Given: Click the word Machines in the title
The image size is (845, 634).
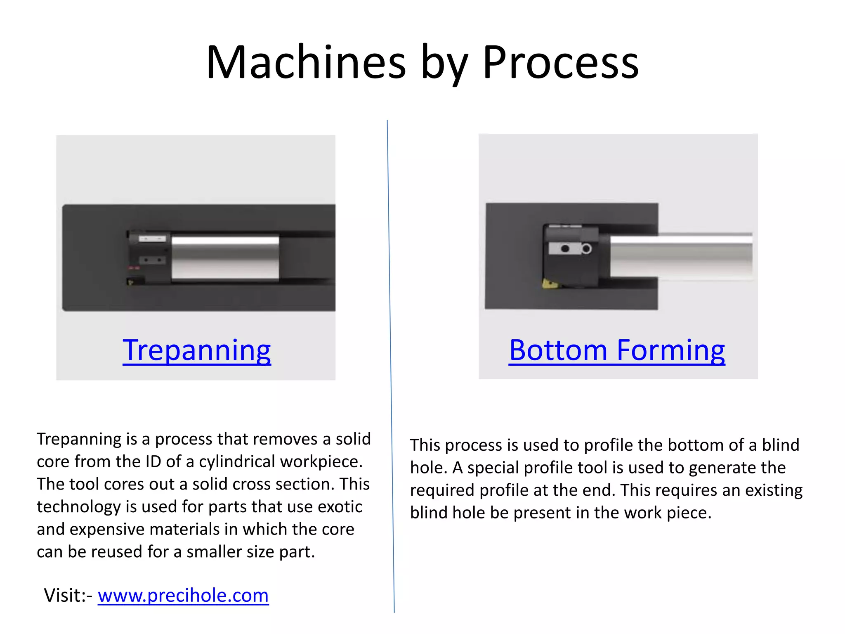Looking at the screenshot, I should tap(306, 63).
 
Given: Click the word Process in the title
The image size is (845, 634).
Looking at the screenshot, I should tap(560, 63).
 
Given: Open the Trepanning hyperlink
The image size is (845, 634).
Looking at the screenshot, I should tap(197, 350).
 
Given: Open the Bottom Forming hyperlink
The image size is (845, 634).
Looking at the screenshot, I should tap(617, 350).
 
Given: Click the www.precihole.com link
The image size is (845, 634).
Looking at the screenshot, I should tap(183, 595).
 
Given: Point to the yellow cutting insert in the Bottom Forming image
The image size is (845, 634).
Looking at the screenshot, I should tap(550, 284).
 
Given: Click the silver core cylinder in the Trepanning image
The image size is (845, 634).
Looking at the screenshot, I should tap(225, 258).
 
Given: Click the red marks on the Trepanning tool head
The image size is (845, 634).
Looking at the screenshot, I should tap(134, 268).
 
